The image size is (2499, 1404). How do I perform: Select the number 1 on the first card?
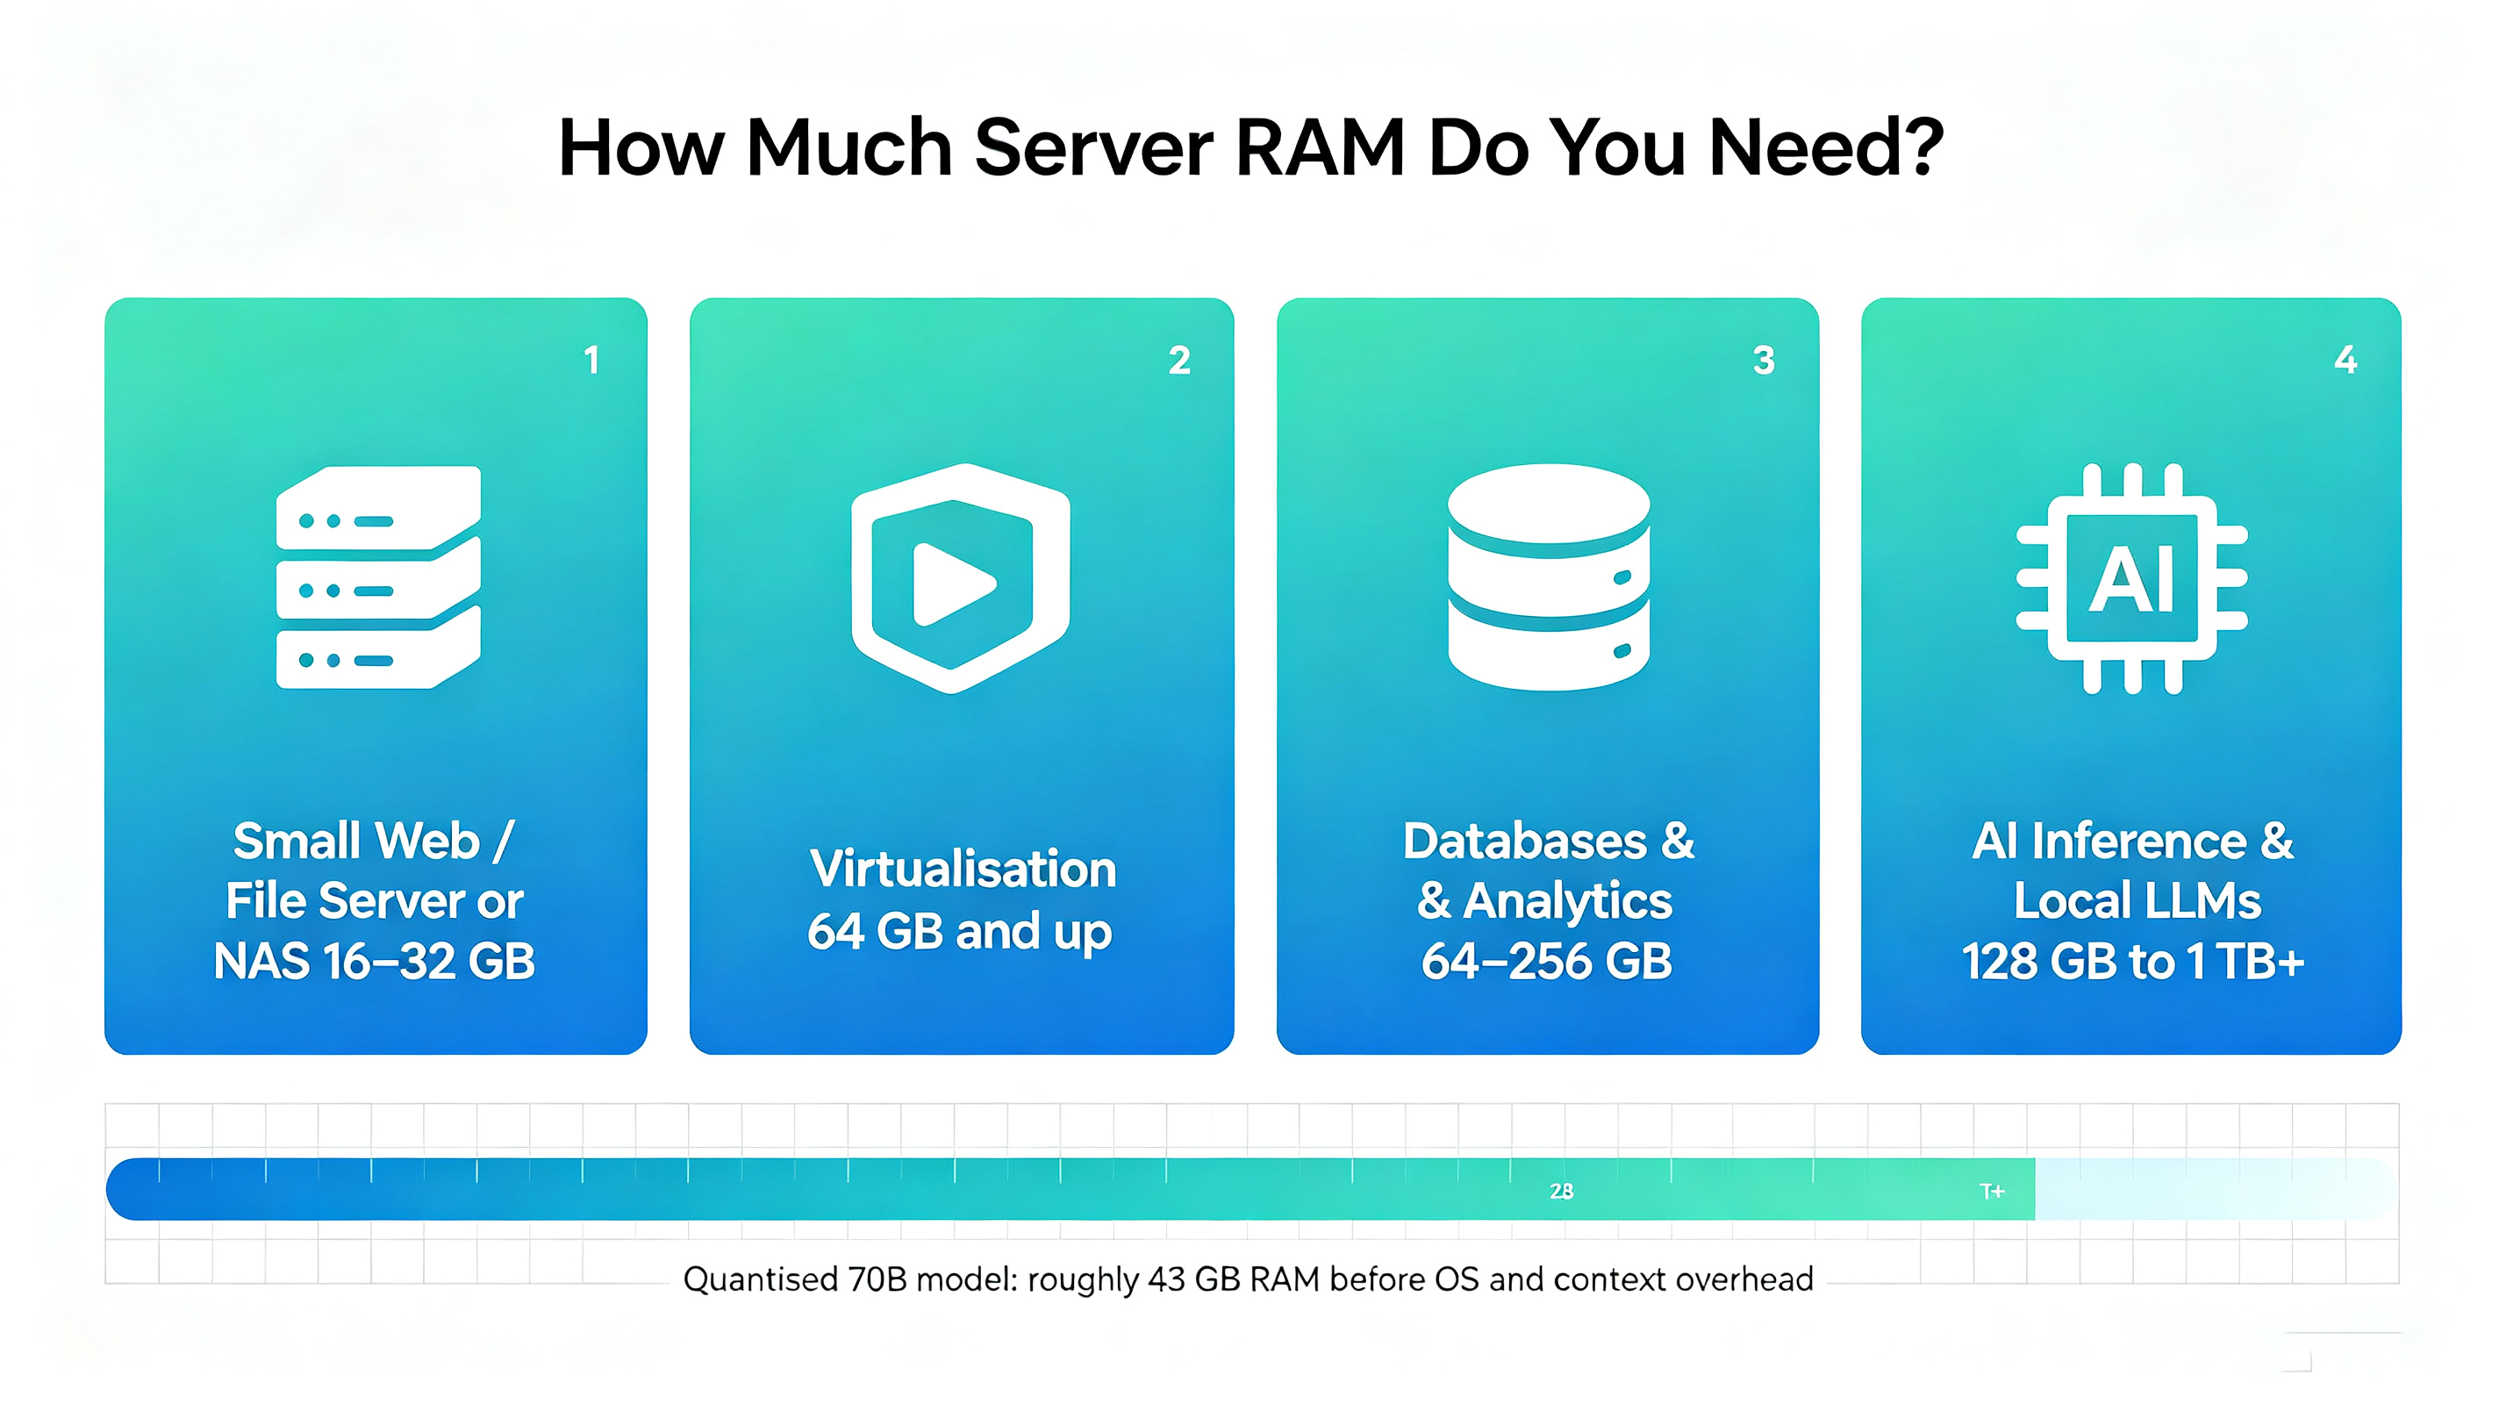click(591, 360)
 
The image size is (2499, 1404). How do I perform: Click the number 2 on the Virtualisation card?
click(1178, 360)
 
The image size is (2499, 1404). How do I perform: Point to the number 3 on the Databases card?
click(1764, 360)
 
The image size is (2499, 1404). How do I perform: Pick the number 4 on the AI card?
click(2345, 359)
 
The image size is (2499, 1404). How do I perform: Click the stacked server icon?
click(378, 577)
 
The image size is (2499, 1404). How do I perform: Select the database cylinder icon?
click(1549, 577)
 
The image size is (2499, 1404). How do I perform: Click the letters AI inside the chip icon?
click(2131, 579)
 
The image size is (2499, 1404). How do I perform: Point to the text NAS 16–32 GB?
click(375, 962)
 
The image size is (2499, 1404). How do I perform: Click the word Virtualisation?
click(963, 869)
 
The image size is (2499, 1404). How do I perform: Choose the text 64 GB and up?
click(959, 933)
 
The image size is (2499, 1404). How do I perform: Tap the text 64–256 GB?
click(1546, 962)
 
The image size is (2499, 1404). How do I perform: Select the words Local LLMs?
click(2137, 900)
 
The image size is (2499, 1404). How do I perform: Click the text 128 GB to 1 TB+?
click(2132, 962)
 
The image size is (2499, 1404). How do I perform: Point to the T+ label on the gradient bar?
click(1992, 1191)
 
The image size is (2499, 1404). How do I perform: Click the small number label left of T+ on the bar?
click(1561, 1191)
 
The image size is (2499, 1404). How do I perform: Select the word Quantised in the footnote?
click(761, 1279)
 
